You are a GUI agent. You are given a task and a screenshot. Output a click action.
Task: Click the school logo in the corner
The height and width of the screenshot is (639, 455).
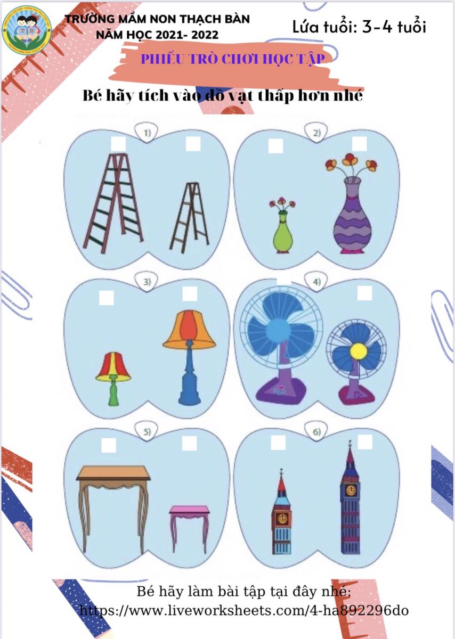tap(27, 30)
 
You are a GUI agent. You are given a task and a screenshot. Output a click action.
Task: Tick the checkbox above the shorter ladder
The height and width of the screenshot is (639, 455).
tap(193, 144)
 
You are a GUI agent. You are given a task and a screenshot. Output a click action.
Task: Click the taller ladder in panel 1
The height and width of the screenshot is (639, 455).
tap(113, 203)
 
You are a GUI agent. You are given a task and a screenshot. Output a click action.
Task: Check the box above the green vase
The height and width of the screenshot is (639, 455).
tap(276, 146)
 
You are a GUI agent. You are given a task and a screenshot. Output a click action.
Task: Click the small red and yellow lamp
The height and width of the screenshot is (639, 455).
tap(113, 379)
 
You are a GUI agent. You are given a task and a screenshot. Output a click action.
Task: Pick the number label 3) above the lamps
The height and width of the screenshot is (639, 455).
tap(147, 282)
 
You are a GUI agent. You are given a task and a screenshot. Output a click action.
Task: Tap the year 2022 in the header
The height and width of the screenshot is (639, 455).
tap(205, 35)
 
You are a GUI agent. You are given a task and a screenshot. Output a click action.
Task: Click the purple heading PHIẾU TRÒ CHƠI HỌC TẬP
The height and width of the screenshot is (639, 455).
tap(233, 59)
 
